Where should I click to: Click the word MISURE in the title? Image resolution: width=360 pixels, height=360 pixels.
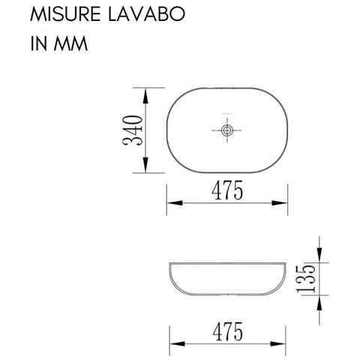tap(61, 15)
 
